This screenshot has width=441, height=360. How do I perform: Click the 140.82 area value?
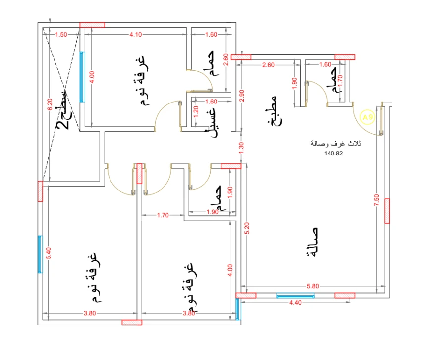(333, 154)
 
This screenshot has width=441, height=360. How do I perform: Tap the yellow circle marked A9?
(367, 117)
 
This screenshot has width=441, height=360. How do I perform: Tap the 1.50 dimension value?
(61, 35)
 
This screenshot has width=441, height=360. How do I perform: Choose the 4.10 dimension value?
(136, 35)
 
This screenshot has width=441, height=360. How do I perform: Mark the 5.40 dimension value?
(49, 254)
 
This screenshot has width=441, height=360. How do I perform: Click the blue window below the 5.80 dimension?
(295, 296)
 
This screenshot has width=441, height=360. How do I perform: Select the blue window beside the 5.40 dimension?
(40, 254)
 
